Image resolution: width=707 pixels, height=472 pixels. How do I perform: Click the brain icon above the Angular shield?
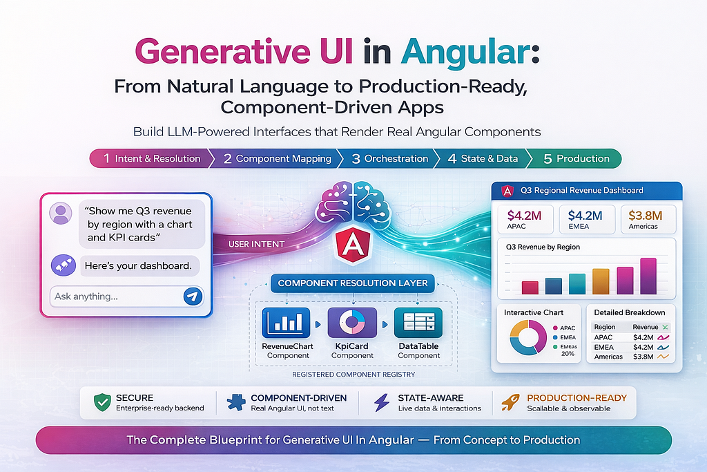pyautogui.click(x=353, y=204)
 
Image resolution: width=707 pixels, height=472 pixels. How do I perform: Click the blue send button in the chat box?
pyautogui.click(x=193, y=296)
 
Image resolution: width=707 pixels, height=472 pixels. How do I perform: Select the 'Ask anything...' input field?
pyautogui.click(x=127, y=296)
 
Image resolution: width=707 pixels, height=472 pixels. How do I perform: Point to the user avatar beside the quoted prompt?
pyautogui.click(x=61, y=214)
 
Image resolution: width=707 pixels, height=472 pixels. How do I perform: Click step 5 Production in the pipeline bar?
pyautogui.click(x=574, y=158)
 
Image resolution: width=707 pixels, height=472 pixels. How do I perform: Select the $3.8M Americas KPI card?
pyautogui.click(x=648, y=219)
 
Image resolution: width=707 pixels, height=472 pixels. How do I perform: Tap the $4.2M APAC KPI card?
pyautogui.click(x=525, y=219)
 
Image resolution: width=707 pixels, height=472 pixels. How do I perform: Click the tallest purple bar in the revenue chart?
pyautogui.click(x=648, y=276)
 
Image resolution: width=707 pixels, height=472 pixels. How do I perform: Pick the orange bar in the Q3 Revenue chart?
pyautogui.click(x=601, y=281)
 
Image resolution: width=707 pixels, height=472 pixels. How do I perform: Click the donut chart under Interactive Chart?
pyautogui.click(x=528, y=337)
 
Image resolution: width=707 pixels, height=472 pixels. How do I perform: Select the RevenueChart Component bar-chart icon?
pyautogui.click(x=286, y=323)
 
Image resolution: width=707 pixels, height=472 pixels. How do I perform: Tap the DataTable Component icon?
pyautogui.click(x=418, y=323)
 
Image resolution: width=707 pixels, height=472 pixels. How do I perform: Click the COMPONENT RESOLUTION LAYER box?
pyautogui.click(x=353, y=283)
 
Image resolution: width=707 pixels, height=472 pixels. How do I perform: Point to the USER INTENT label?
pyautogui.click(x=256, y=244)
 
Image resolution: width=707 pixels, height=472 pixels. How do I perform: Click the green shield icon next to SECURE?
pyautogui.click(x=102, y=402)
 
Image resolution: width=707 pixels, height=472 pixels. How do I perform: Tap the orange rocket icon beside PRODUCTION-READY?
pyautogui.click(x=511, y=402)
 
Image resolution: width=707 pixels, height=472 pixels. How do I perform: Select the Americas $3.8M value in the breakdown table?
pyautogui.click(x=643, y=357)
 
